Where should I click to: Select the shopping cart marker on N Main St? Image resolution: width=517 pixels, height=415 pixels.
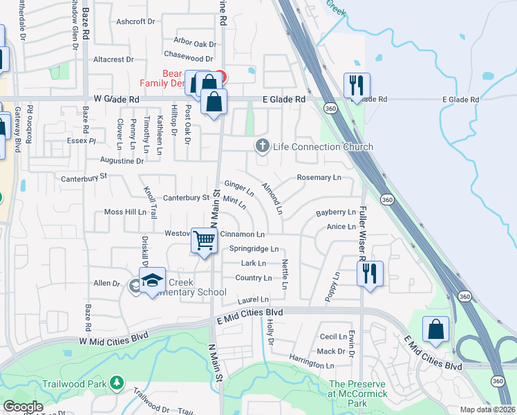pyautogui.click(x=205, y=241)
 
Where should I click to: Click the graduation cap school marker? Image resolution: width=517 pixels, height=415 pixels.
pyautogui.click(x=152, y=280)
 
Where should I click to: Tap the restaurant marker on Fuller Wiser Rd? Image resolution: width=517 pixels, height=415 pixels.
pyautogui.click(x=370, y=273)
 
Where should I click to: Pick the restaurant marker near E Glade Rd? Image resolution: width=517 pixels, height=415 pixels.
pyautogui.click(x=357, y=86)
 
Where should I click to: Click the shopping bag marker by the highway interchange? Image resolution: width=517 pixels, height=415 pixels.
pyautogui.click(x=435, y=329)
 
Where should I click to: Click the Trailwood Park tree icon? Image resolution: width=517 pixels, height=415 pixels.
pyautogui.click(x=117, y=381)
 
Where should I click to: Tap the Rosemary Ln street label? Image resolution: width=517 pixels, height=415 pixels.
pyautogui.click(x=319, y=178)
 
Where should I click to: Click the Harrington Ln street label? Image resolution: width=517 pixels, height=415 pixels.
pyautogui.click(x=311, y=365)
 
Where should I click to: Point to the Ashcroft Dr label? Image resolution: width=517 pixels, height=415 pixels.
pyautogui.click(x=135, y=21)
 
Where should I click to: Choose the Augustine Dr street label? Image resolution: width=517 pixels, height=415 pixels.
pyautogui.click(x=122, y=160)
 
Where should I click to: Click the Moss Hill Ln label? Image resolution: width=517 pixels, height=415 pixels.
pyautogui.click(x=125, y=212)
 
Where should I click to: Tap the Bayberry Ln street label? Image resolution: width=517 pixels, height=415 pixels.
pyautogui.click(x=335, y=212)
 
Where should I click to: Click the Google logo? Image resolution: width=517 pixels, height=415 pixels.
pyautogui.click(x=23, y=407)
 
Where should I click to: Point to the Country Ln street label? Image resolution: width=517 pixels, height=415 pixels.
pyautogui.click(x=253, y=278)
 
